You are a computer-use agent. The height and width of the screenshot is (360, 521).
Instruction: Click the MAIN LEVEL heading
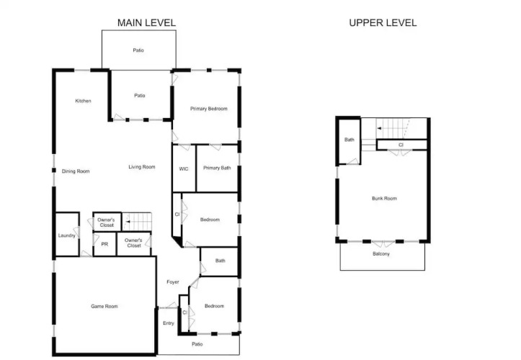(146, 22)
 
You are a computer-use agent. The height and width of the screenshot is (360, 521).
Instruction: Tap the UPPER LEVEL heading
(383, 22)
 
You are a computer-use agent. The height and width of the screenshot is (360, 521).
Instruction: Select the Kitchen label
(83, 101)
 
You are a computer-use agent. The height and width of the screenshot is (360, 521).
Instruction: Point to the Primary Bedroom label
(209, 109)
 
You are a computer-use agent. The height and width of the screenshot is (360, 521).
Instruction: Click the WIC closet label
(184, 168)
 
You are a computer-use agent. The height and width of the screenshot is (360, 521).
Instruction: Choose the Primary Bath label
(217, 168)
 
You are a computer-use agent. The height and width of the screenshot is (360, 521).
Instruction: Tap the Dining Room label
(76, 171)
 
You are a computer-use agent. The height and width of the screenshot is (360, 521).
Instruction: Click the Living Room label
(142, 167)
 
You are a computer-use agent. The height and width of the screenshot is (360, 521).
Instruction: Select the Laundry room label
(67, 235)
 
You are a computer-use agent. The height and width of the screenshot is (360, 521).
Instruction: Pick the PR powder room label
(104, 244)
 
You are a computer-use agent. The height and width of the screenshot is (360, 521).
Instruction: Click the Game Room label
(104, 306)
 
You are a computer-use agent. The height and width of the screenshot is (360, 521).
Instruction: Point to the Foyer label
(173, 282)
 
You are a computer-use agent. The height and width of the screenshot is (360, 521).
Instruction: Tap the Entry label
(169, 323)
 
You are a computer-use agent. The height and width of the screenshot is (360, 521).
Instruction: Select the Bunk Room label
(384, 198)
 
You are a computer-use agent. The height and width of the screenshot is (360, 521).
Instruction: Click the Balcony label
(381, 253)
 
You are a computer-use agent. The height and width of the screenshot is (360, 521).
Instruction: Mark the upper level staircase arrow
(391, 128)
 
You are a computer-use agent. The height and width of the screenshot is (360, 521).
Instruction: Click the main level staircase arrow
(137, 221)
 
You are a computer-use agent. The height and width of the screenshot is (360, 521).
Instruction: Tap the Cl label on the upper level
(401, 145)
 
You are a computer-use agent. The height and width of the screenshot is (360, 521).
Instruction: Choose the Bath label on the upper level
(349, 140)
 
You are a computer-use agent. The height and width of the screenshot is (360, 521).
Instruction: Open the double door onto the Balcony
(383, 243)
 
